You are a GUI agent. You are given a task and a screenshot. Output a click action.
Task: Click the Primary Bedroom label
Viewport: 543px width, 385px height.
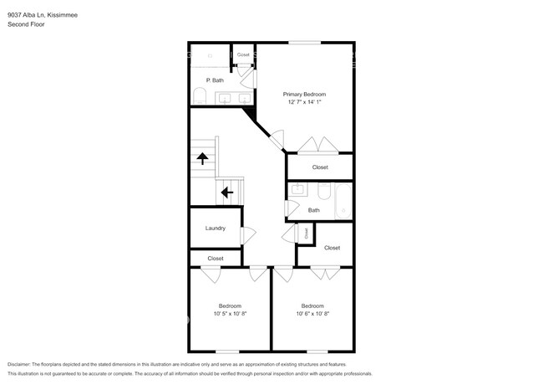(x=303, y=95)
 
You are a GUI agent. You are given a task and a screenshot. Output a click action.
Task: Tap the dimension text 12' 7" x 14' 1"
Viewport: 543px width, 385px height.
(x=303, y=103)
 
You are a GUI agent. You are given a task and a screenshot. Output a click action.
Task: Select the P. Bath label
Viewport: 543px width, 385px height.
(x=215, y=80)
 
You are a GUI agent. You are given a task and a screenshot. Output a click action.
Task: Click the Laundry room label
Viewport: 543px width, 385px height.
(x=216, y=228)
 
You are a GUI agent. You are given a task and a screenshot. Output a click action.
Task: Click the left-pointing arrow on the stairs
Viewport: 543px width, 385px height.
(x=226, y=192)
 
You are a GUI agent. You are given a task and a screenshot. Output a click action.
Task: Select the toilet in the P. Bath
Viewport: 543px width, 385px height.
(x=197, y=98)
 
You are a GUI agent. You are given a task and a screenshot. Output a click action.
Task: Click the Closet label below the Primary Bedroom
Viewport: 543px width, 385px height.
(x=320, y=167)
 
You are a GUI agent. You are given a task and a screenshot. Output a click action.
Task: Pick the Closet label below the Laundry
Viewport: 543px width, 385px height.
(x=216, y=259)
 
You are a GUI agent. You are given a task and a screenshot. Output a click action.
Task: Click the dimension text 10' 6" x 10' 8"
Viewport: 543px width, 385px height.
(x=313, y=314)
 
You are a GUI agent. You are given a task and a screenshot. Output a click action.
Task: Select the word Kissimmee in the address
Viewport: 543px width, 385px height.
(x=65, y=14)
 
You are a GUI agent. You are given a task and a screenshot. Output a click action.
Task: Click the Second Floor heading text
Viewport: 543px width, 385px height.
(x=26, y=24)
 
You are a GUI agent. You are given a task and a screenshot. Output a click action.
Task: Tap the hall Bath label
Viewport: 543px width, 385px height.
(x=313, y=210)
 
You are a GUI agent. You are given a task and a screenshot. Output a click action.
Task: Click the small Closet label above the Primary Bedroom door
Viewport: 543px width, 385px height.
(x=243, y=54)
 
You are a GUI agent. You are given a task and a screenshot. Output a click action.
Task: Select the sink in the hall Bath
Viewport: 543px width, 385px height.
(x=297, y=191)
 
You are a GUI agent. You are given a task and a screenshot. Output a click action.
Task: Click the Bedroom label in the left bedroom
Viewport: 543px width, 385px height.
(x=231, y=305)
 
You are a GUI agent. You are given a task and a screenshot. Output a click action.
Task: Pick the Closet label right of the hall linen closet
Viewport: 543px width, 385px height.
(x=332, y=248)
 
